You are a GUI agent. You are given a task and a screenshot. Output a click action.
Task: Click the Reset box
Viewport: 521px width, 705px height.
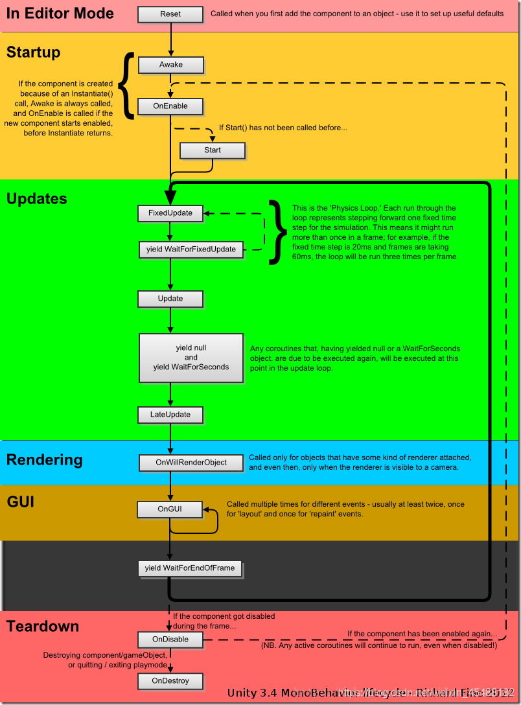(170, 14)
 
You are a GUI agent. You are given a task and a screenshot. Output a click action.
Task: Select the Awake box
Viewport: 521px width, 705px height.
(170, 65)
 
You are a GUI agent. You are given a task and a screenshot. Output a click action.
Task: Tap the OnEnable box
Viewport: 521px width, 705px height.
(170, 106)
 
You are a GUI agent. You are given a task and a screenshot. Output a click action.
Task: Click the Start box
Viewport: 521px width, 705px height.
(213, 150)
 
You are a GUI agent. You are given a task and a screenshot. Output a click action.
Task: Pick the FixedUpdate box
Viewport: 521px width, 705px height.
(170, 213)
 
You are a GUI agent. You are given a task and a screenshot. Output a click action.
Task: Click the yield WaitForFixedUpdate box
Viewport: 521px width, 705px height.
(191, 249)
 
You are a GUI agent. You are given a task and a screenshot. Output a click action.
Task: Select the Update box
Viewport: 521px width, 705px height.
(170, 299)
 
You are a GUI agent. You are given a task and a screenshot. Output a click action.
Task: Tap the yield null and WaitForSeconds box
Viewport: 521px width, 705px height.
(191, 358)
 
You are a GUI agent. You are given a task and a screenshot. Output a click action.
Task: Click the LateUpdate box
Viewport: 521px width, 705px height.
(170, 415)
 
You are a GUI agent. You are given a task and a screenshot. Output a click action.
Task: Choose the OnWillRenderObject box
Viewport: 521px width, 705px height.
(191, 463)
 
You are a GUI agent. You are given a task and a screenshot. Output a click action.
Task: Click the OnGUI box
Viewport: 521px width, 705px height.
(170, 509)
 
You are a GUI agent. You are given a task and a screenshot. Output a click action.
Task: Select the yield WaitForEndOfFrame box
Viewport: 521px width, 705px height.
(190, 568)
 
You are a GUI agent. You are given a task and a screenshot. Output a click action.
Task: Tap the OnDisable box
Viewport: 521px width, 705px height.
(170, 640)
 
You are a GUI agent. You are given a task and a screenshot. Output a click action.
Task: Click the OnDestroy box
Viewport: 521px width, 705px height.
(170, 681)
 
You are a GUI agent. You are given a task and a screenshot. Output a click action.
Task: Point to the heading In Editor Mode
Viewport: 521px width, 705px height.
(60, 14)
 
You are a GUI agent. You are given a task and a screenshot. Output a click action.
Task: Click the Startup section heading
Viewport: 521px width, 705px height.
(33, 52)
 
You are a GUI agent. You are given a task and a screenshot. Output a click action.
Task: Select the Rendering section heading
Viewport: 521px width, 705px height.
(45, 460)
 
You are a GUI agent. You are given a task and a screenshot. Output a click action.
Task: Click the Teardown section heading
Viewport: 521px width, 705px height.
(43, 627)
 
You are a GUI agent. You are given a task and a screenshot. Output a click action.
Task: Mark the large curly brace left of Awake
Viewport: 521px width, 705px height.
(129, 86)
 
